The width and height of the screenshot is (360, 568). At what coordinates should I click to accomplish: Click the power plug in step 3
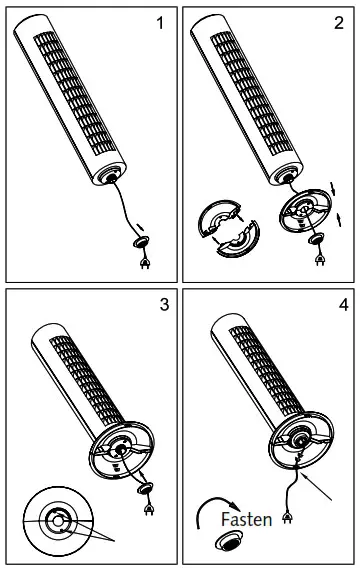point(149,509)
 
